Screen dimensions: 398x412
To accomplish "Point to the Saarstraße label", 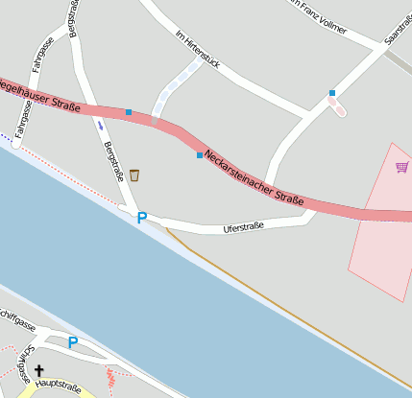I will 397,27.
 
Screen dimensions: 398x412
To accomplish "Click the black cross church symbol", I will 39,370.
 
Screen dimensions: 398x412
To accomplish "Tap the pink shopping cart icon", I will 401,167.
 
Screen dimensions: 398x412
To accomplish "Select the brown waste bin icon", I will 134,175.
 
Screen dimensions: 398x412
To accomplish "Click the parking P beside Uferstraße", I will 142,218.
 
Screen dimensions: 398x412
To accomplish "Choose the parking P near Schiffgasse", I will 73,341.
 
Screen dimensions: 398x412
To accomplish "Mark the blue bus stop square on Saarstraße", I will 332,93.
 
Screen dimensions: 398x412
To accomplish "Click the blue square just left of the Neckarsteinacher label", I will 200,155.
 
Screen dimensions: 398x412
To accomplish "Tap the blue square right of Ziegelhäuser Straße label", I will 129,112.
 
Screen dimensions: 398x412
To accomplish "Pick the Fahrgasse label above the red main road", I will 39,54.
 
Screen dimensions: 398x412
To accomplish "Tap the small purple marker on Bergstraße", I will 100,125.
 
